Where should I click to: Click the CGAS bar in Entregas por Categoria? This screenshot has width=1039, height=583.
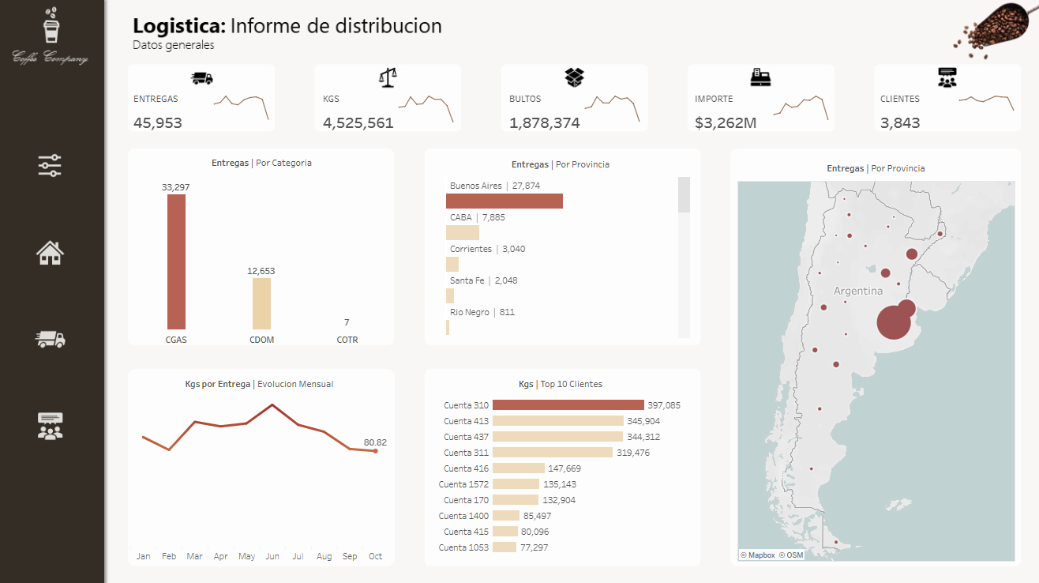click(x=176, y=261)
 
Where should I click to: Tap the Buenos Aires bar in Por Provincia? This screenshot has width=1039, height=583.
click(x=504, y=201)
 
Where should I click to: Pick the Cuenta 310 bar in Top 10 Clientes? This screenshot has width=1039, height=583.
click(x=568, y=405)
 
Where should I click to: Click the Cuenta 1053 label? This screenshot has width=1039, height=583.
click(x=464, y=547)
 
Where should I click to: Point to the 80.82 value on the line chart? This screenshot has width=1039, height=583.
click(x=375, y=442)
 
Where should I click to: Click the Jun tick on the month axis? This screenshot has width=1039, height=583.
click(x=272, y=556)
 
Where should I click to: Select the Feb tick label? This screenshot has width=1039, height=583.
click(x=169, y=556)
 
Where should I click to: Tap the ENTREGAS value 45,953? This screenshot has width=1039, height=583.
click(x=158, y=122)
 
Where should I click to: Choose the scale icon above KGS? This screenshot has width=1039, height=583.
click(x=388, y=77)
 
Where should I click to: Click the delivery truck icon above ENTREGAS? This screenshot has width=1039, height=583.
click(x=202, y=77)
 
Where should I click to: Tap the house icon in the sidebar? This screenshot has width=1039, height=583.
click(x=50, y=253)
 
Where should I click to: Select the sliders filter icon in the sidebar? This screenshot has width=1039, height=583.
click(x=50, y=166)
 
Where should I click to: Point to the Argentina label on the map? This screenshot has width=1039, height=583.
click(x=858, y=291)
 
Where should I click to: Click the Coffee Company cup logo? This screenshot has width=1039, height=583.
click(x=51, y=27)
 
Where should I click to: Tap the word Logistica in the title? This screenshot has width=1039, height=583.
click(x=179, y=26)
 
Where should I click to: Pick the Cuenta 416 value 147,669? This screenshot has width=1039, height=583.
click(x=565, y=468)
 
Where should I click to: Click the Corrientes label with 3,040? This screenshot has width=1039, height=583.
click(x=487, y=249)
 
